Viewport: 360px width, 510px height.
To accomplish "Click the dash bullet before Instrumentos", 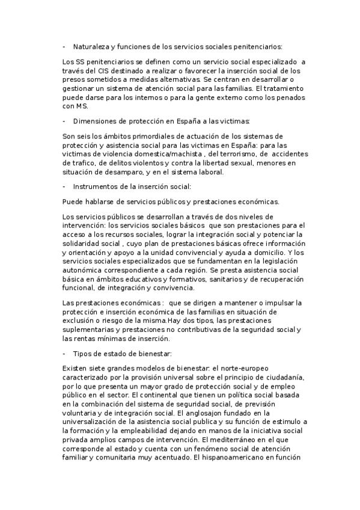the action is (x=64, y=186).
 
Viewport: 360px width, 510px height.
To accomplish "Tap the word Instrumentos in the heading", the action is (x=95, y=186).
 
